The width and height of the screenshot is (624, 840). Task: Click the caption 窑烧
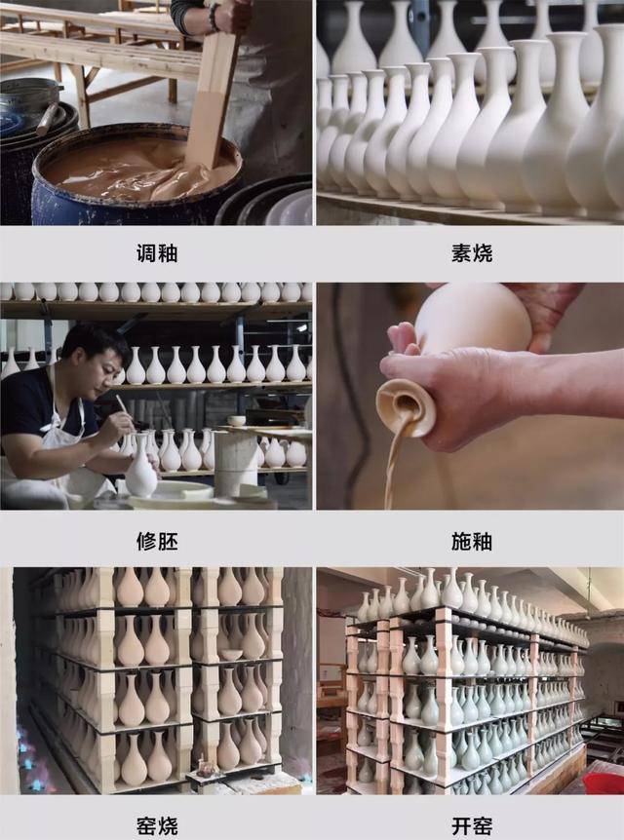point(156,826)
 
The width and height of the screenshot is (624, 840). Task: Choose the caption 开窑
point(471,826)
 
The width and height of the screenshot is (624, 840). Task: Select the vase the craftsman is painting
point(141,469)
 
